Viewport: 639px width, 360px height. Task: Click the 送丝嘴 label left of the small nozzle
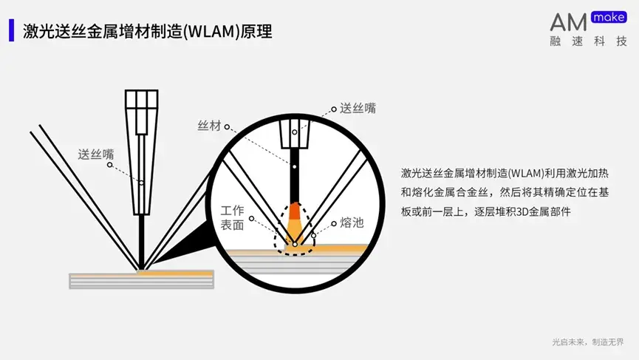[x=96, y=154]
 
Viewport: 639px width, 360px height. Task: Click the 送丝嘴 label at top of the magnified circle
[x=358, y=108]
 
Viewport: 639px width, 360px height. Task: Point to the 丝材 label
[x=209, y=126]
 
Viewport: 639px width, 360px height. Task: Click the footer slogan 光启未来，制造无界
[x=592, y=342]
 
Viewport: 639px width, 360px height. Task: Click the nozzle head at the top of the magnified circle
[x=294, y=133]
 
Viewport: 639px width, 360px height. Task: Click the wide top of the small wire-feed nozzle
[x=140, y=101]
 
